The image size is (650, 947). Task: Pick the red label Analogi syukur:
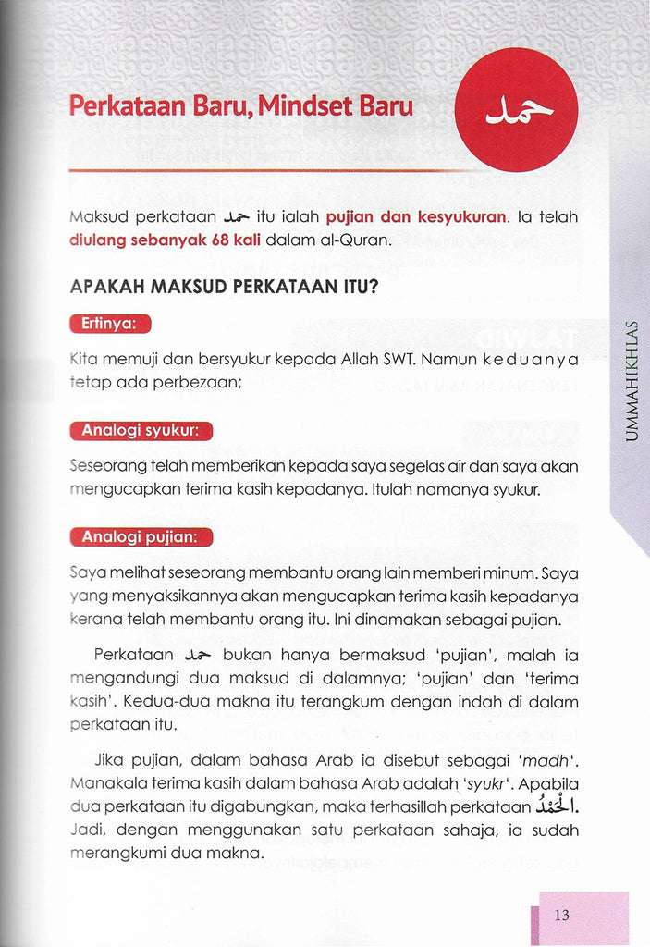(141, 430)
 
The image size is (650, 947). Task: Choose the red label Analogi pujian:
(141, 536)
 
